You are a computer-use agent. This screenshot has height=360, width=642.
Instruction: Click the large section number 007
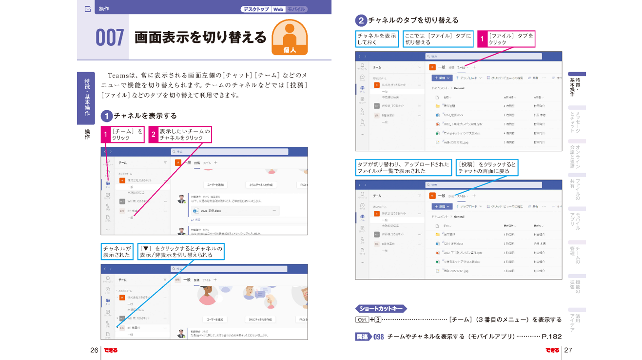(110, 38)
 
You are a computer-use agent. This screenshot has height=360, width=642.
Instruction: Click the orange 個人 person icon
(289, 37)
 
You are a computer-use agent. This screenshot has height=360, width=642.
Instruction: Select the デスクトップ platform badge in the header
(255, 9)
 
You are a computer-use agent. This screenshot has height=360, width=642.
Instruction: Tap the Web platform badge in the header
(278, 9)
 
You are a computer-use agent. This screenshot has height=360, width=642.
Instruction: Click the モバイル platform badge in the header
(296, 9)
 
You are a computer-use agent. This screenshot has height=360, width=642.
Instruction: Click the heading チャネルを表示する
(145, 116)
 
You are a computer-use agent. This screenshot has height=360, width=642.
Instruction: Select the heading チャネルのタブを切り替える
(413, 20)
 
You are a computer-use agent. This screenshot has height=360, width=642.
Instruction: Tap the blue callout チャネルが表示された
(117, 252)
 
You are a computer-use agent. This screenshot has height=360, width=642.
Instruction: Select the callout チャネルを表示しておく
(377, 39)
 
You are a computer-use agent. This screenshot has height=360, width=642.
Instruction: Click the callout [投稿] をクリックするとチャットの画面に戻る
(486, 168)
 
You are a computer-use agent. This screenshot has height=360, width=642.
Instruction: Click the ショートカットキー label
(381, 308)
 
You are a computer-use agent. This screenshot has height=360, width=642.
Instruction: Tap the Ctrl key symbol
(362, 320)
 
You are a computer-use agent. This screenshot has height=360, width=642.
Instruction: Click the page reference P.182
(551, 337)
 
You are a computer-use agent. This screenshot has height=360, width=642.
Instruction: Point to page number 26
(94, 350)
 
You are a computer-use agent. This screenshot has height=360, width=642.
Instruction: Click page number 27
(568, 350)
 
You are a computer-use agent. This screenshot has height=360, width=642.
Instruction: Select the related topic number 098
(379, 337)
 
